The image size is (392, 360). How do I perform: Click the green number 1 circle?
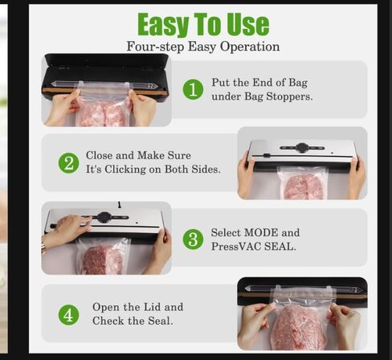[x=193, y=89]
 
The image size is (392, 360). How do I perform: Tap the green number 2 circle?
[x=68, y=163]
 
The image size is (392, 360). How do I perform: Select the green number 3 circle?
[x=193, y=239]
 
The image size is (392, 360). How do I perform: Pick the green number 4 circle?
[x=68, y=315]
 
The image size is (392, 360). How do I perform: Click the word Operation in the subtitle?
[x=250, y=47]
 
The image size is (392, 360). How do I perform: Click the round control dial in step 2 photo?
[x=302, y=148]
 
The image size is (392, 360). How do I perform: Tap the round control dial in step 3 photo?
[x=104, y=217]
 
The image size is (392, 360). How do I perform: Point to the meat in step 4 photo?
[x=300, y=327]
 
